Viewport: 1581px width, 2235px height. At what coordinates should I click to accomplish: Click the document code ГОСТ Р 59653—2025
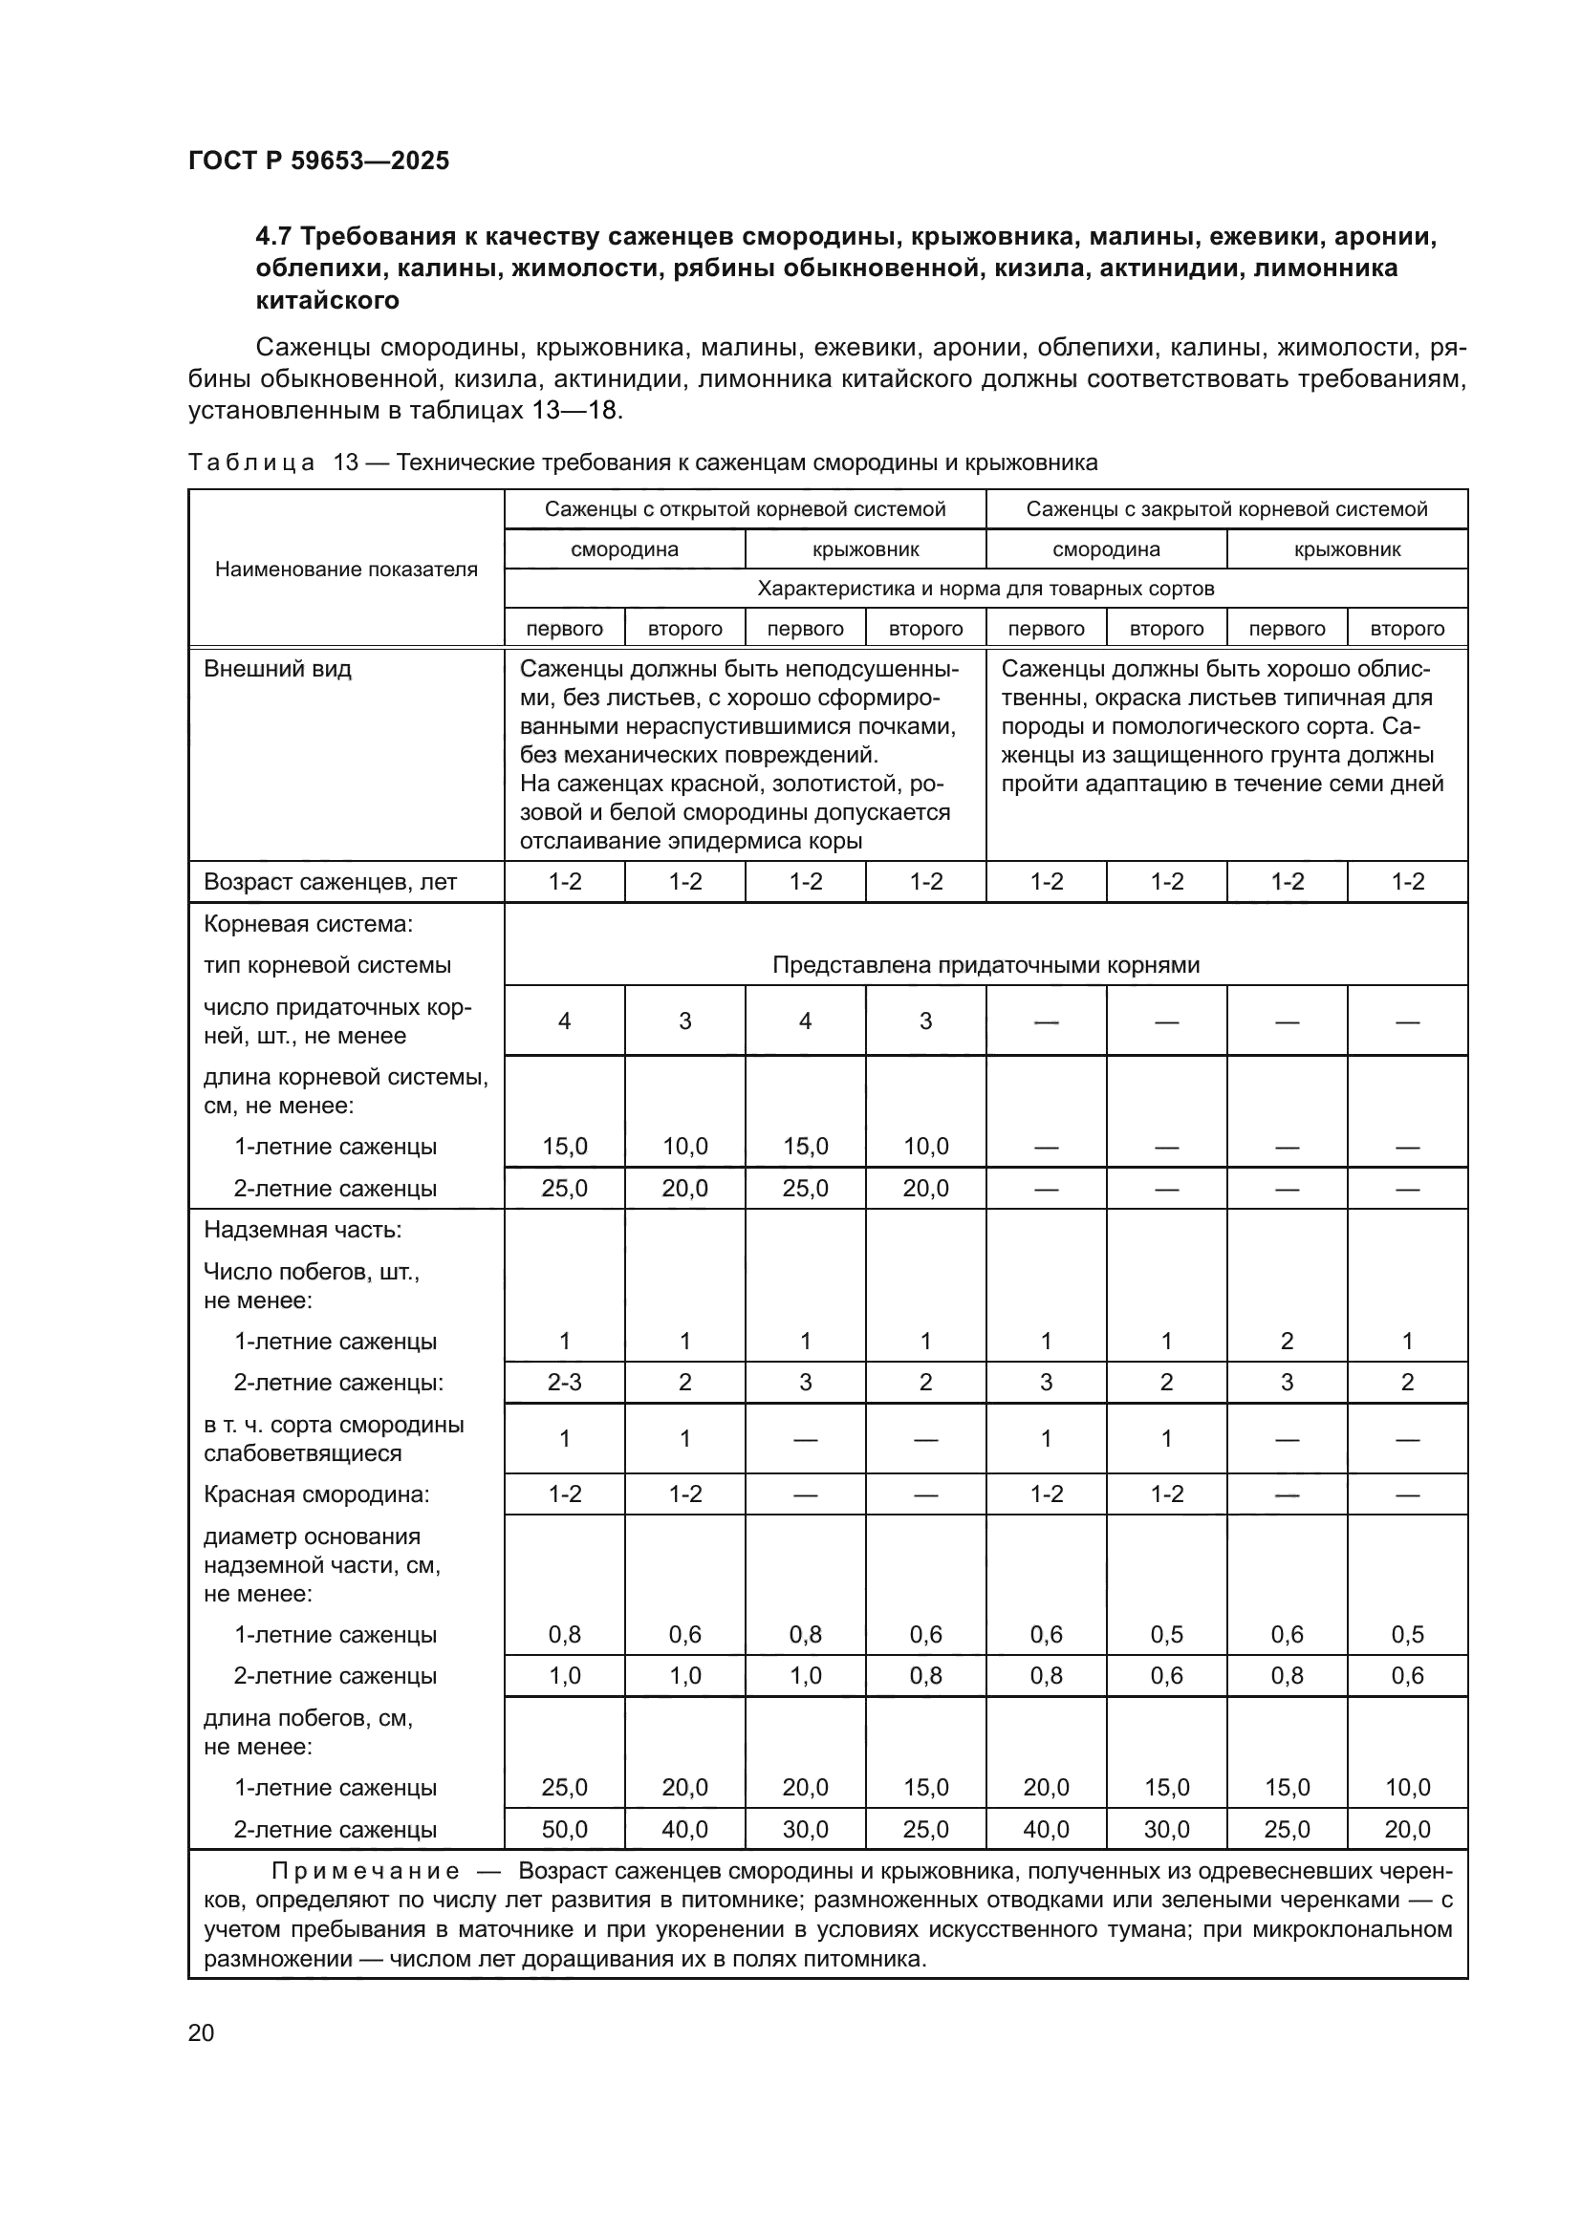tap(318, 161)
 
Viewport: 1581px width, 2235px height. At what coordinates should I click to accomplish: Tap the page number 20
tap(201, 2032)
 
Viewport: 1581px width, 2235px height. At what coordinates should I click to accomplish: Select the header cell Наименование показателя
tap(346, 569)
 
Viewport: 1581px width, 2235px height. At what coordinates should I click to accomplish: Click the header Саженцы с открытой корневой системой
tap(745, 509)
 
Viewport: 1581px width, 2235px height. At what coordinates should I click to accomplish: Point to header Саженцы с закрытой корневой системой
tap(1226, 509)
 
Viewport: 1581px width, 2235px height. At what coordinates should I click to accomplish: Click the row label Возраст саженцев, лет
tap(330, 882)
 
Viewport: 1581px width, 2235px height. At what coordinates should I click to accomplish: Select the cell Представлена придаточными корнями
tap(985, 965)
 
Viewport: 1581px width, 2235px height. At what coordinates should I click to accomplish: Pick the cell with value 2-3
tap(565, 1383)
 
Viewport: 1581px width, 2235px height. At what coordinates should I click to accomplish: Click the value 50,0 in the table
tap(565, 1829)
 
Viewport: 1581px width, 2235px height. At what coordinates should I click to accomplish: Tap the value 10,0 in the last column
tap(1408, 1787)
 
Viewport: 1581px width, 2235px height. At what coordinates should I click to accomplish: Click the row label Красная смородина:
tap(303, 1494)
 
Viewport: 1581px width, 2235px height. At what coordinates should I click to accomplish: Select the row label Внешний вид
tap(277, 669)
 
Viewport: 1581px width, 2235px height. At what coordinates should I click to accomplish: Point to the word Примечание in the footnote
tap(365, 1871)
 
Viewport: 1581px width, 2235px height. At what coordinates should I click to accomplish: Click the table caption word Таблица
tap(252, 462)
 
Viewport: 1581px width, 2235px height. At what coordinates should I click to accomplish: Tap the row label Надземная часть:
tap(303, 1230)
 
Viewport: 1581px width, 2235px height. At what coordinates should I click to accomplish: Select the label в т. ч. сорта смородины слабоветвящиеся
tap(334, 1439)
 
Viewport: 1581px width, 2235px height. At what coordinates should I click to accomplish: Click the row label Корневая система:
tap(309, 924)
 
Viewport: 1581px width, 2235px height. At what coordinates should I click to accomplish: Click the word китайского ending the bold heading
tap(327, 300)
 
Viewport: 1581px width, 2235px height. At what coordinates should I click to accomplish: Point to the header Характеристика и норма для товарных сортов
tap(985, 589)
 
